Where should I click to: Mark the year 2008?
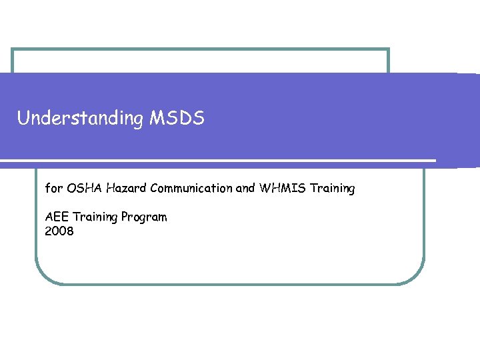pyautogui.click(x=59, y=231)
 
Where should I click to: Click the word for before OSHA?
pyautogui.click(x=53, y=189)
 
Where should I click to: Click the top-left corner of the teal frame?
pyautogui.click(x=13, y=49)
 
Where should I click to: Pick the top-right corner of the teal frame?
pyautogui.click(x=388, y=49)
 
